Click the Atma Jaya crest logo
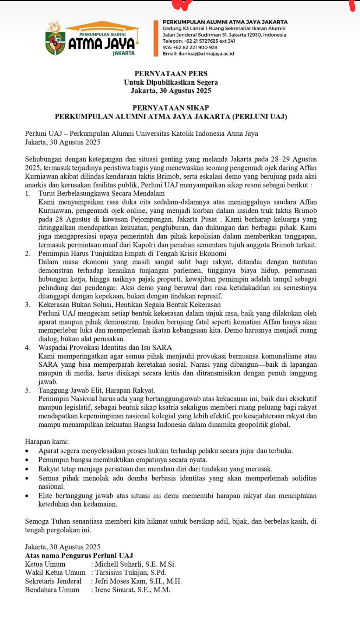(x=55, y=40)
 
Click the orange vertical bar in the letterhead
(x=156, y=38)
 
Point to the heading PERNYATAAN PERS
(x=171, y=73)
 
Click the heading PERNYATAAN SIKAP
(x=171, y=108)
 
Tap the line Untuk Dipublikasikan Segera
(x=171, y=82)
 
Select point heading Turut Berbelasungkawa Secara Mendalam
(x=102, y=193)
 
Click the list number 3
(x=28, y=305)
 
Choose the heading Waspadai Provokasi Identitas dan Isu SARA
(x=105, y=348)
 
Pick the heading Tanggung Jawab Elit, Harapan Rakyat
(x=97, y=390)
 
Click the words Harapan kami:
(x=47, y=442)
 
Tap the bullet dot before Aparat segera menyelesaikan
(x=27, y=451)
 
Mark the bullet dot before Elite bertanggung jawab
(x=27, y=496)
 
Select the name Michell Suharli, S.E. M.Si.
(x=135, y=564)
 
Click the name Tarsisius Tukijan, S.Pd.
(x=130, y=573)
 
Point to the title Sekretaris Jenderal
(x=53, y=581)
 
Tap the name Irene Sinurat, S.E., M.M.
(x=133, y=590)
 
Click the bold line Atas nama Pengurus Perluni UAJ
(x=79, y=555)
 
